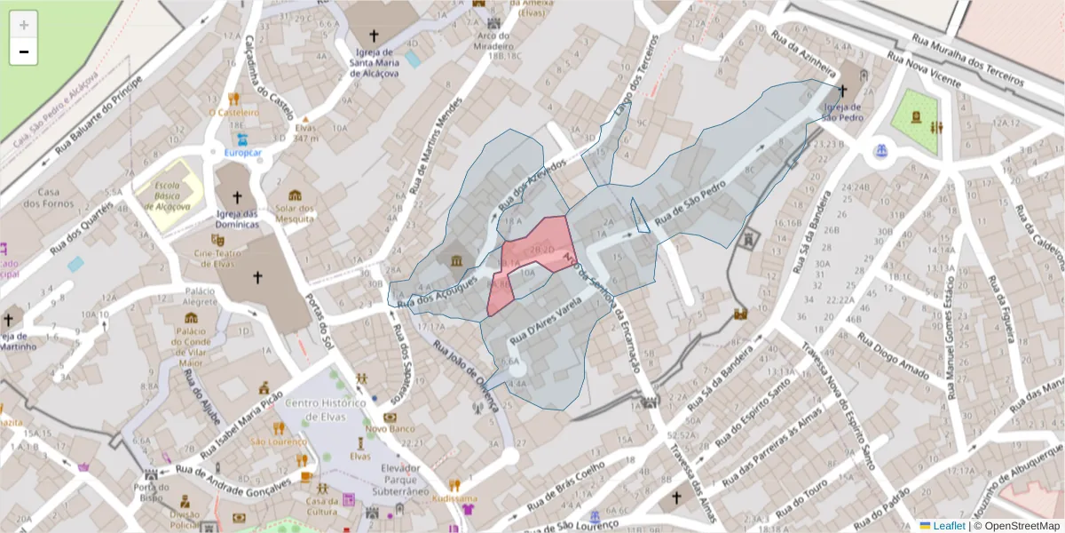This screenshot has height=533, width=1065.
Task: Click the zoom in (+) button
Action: (24, 25)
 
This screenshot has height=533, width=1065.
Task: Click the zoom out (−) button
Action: (24, 52)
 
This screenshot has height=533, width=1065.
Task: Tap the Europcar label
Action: (242, 153)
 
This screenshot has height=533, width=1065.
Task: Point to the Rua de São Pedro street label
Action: (690, 203)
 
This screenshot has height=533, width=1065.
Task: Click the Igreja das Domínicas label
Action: (237, 219)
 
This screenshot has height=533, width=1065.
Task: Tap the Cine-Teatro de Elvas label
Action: (217, 257)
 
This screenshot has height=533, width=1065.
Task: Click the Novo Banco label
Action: (390, 430)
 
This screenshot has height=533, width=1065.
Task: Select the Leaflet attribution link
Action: (948, 526)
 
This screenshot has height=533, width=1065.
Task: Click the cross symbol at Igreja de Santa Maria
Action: (374, 36)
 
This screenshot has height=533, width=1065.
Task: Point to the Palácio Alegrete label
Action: (200, 297)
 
